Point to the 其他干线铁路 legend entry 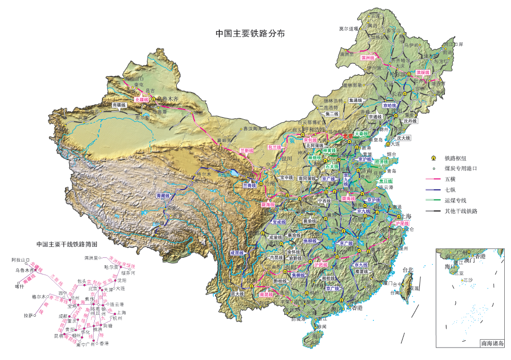tap(461, 211)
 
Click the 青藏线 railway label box tap(164, 196)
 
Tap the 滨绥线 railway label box tap(422, 72)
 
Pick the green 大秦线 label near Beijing tap(362, 134)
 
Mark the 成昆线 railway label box tap(238, 253)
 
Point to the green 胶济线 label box tap(381, 162)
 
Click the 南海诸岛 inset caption tap(491, 344)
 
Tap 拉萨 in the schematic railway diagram tap(28, 316)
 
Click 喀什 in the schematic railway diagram tap(20, 286)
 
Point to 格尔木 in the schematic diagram tap(39, 296)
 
